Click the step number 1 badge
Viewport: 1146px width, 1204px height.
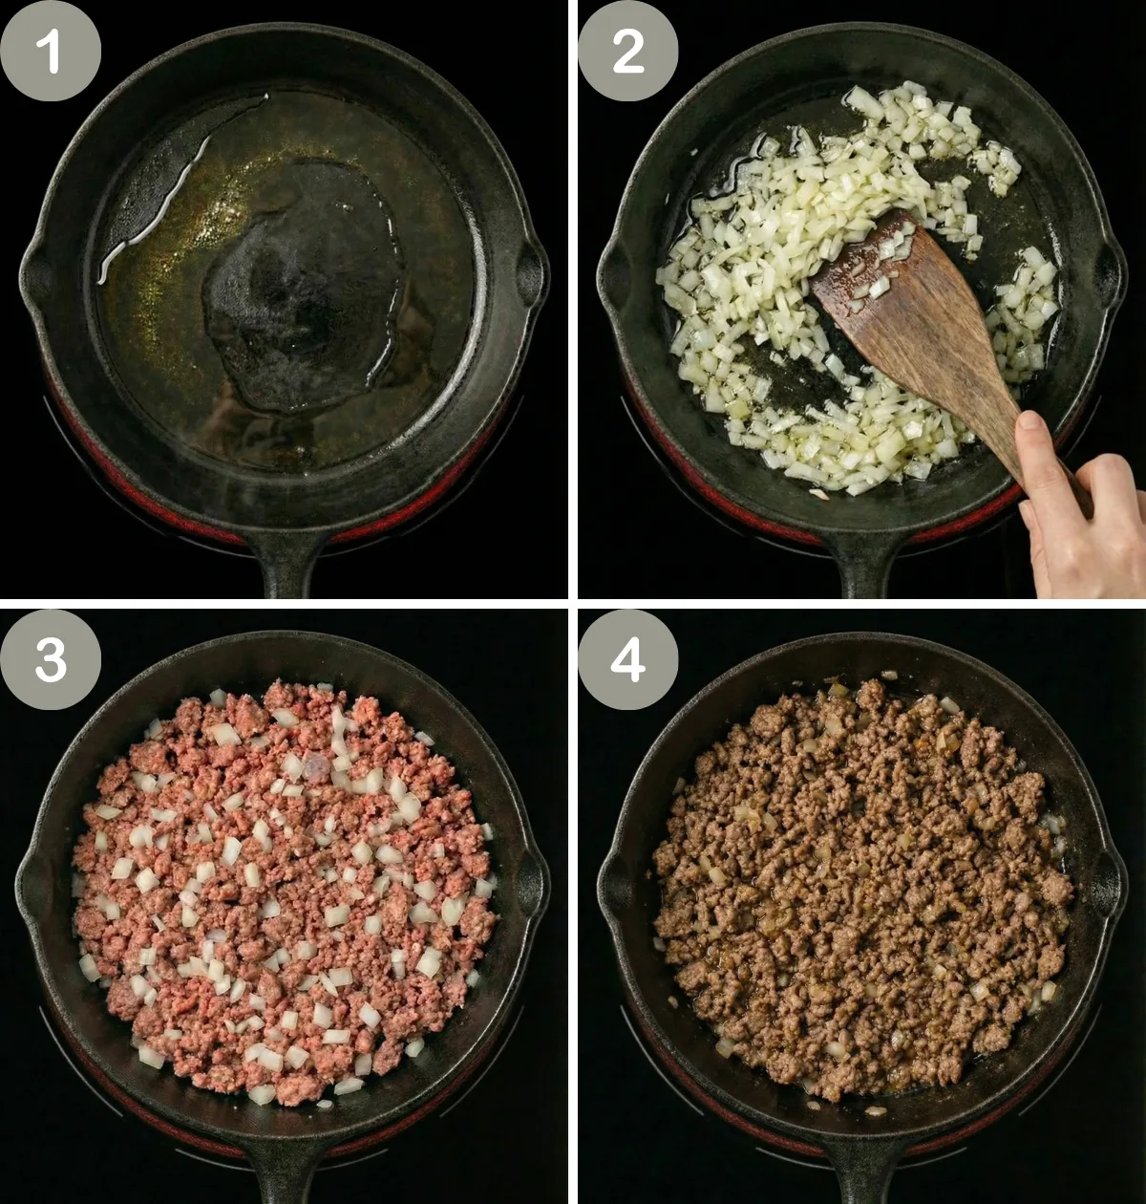point(51,51)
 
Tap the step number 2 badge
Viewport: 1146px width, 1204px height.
point(627,51)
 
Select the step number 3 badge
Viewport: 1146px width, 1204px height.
point(51,659)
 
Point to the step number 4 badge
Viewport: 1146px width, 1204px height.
point(627,659)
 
